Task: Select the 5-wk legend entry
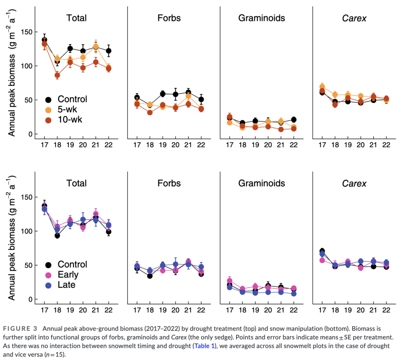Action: (67, 110)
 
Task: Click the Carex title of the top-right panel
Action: (353, 18)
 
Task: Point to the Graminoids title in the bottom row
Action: (261, 183)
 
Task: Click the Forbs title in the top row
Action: (169, 18)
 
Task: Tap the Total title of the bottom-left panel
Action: (76, 183)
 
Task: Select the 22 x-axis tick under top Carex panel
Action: (386, 145)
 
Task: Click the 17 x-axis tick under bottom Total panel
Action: (44, 310)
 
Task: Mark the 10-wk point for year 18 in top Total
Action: (57, 76)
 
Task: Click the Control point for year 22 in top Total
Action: (109, 51)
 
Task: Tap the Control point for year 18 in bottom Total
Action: (57, 236)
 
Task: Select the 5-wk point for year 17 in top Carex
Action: (322, 86)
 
